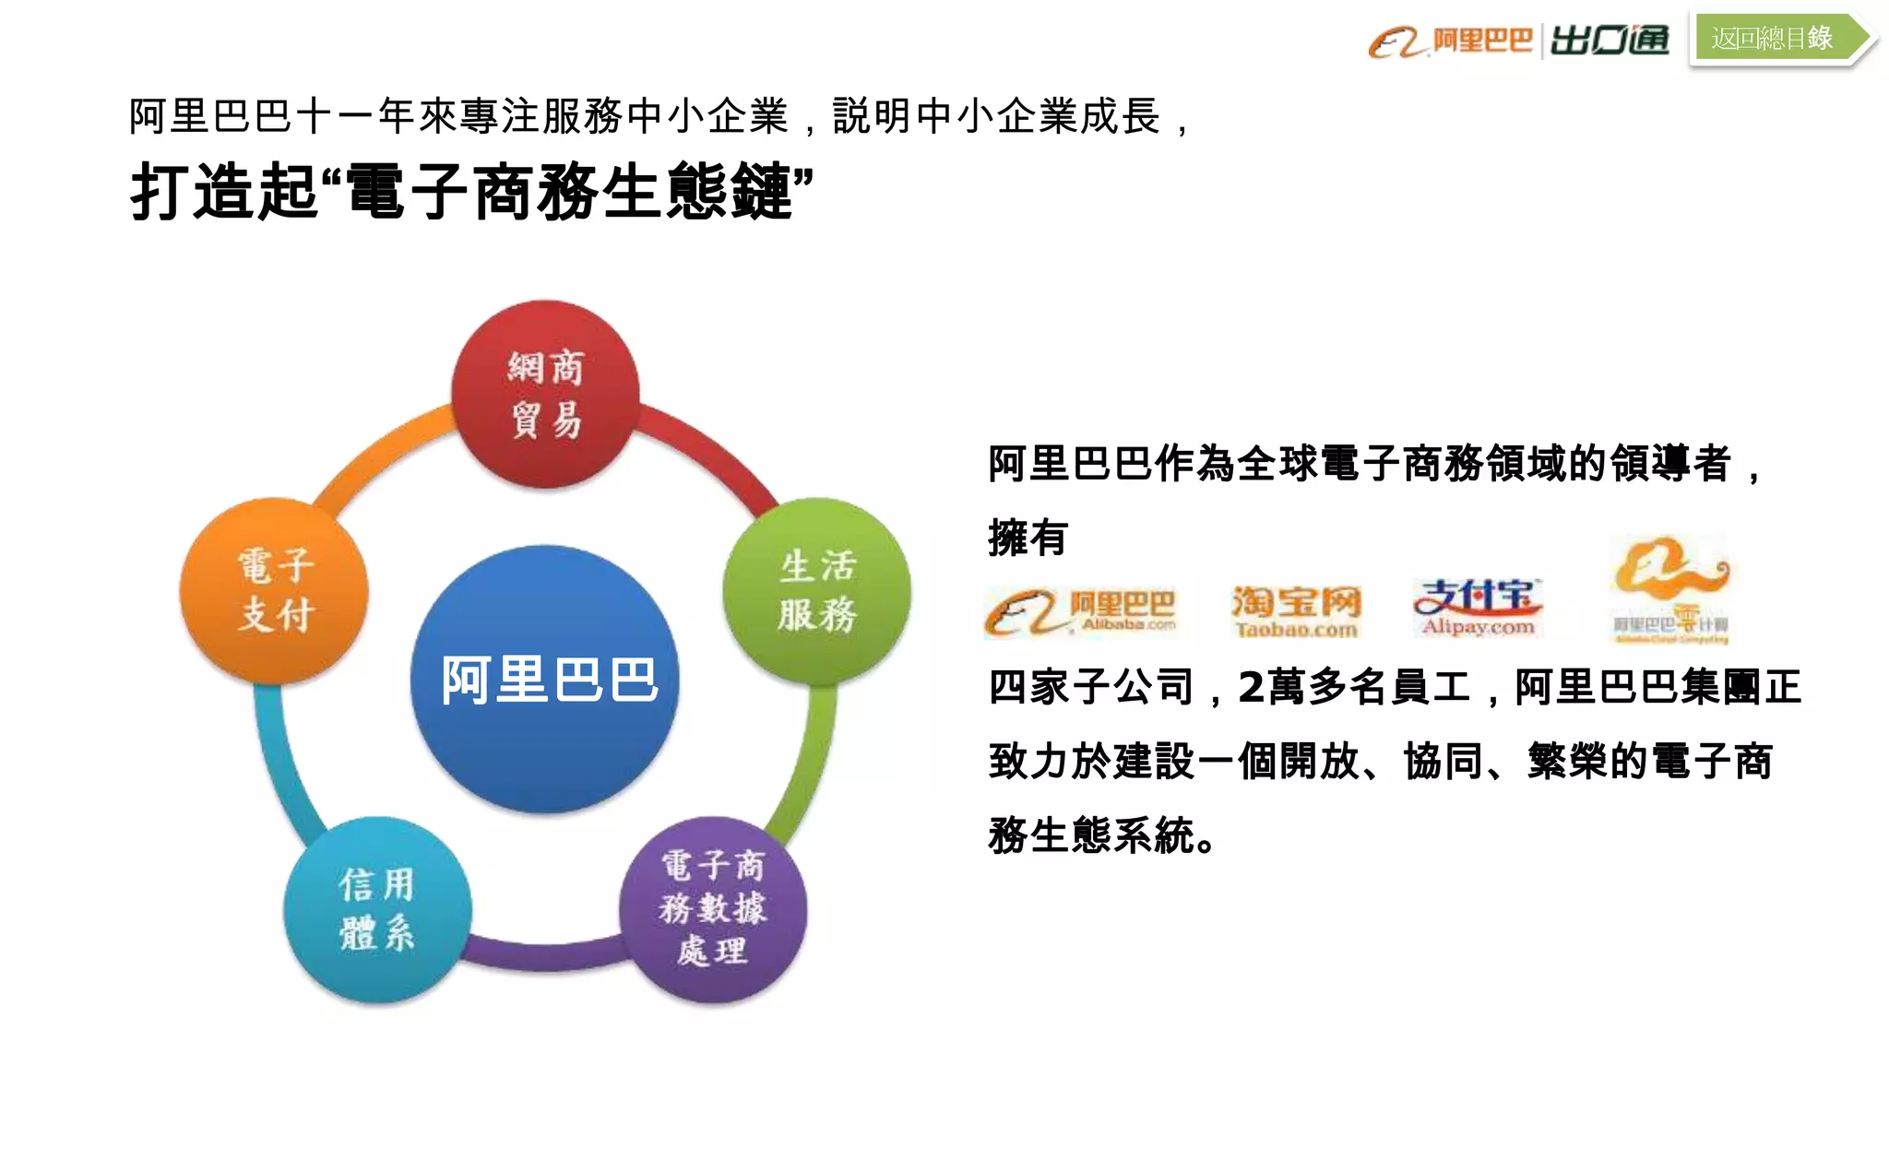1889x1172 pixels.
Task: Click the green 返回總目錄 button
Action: point(1773,38)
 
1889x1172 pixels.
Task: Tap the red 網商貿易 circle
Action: point(545,394)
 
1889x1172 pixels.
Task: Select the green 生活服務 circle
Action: point(817,590)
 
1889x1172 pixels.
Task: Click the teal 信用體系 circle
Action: point(377,909)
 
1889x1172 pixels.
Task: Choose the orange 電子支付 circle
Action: point(275,590)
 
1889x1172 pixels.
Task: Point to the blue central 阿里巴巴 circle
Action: point(546,680)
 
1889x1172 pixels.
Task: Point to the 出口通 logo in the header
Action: point(1610,41)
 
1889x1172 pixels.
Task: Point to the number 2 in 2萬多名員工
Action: point(1251,687)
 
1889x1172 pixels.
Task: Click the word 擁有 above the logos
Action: point(1028,538)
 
